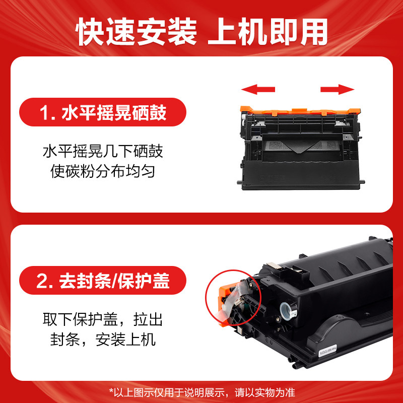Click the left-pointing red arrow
(258, 90)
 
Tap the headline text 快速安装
(137, 32)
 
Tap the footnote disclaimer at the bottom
(201, 391)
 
